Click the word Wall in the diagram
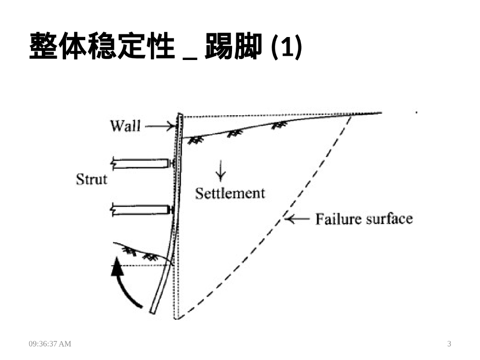[x=125, y=126]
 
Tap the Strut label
[x=91, y=179]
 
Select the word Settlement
[x=230, y=193]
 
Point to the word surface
[x=389, y=219]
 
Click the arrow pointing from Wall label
[x=159, y=126]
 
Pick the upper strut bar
[x=141, y=163]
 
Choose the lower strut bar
[x=141, y=209]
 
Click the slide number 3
[x=449, y=344]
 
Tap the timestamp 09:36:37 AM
[x=50, y=344]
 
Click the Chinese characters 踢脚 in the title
[x=232, y=46]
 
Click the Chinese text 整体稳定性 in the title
[x=101, y=46]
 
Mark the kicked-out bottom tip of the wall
[x=153, y=310]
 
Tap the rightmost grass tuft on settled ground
[x=280, y=125]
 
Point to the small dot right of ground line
[x=416, y=112]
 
